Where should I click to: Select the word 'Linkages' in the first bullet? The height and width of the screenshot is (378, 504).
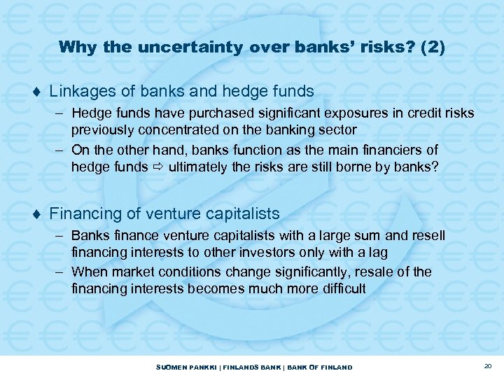point(78,91)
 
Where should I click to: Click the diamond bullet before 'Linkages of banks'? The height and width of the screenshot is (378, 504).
point(36,92)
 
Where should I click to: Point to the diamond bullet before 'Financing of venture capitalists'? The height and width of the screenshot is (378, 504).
point(36,213)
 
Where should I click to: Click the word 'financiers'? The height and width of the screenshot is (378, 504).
point(395,150)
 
